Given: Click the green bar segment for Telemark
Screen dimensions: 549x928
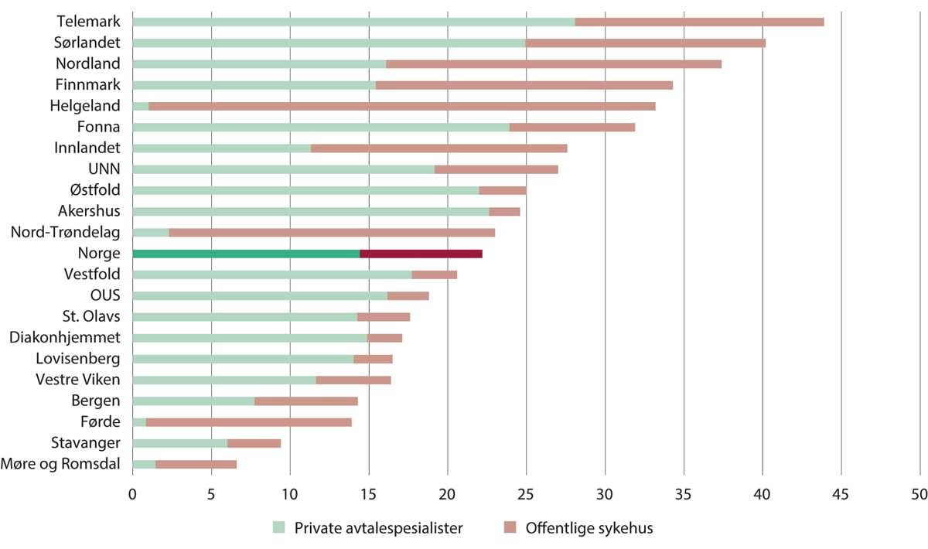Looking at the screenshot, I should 353,22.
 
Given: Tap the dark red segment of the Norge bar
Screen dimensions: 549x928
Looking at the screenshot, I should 421,253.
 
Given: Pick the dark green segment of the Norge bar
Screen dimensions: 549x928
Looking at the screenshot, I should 246,253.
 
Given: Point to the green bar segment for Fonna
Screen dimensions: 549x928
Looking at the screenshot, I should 321,127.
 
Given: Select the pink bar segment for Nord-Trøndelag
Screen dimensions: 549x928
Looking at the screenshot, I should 332,232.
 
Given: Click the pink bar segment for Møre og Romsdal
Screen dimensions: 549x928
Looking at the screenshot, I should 196,464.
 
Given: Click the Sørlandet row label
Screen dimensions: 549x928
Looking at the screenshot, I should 87,43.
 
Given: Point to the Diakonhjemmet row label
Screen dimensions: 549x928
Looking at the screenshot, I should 65,337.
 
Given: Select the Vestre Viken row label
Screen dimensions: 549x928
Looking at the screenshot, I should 78,379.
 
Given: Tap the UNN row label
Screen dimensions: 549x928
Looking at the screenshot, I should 104,169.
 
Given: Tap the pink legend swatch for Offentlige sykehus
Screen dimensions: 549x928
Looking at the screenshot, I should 510,528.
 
